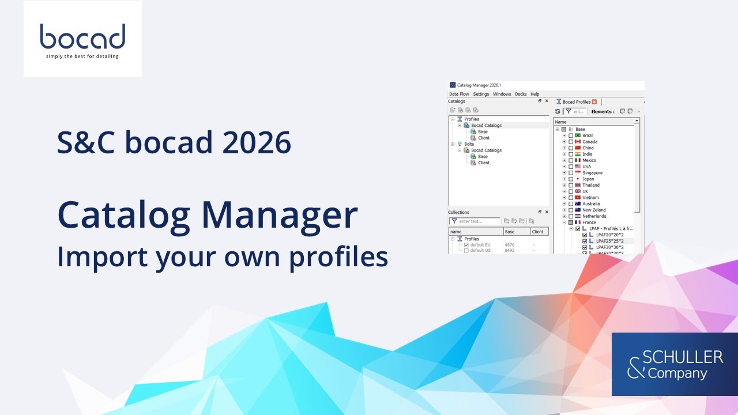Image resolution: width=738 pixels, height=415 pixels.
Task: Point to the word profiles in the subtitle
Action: (338, 257)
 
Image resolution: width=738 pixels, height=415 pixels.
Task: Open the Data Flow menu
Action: (459, 94)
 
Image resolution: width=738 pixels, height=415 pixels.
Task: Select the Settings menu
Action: (481, 94)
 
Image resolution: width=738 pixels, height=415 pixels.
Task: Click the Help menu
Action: (535, 94)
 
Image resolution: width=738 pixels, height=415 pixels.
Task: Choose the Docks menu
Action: (521, 94)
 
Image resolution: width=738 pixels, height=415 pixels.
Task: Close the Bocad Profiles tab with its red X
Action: (594, 102)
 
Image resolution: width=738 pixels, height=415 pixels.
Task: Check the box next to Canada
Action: (571, 142)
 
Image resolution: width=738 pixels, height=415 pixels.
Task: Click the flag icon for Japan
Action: (578, 179)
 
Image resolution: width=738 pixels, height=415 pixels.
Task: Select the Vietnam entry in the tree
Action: (590, 198)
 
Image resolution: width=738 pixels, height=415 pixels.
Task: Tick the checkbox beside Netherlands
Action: (571, 216)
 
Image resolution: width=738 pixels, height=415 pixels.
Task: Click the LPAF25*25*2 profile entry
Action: (609, 241)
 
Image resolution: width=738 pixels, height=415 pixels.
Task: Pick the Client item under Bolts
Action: (483, 163)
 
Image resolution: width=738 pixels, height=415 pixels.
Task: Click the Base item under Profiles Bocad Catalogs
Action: (482, 132)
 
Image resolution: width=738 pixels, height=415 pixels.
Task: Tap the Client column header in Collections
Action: (537, 232)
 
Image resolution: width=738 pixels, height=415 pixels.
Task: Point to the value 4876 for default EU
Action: (509, 245)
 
